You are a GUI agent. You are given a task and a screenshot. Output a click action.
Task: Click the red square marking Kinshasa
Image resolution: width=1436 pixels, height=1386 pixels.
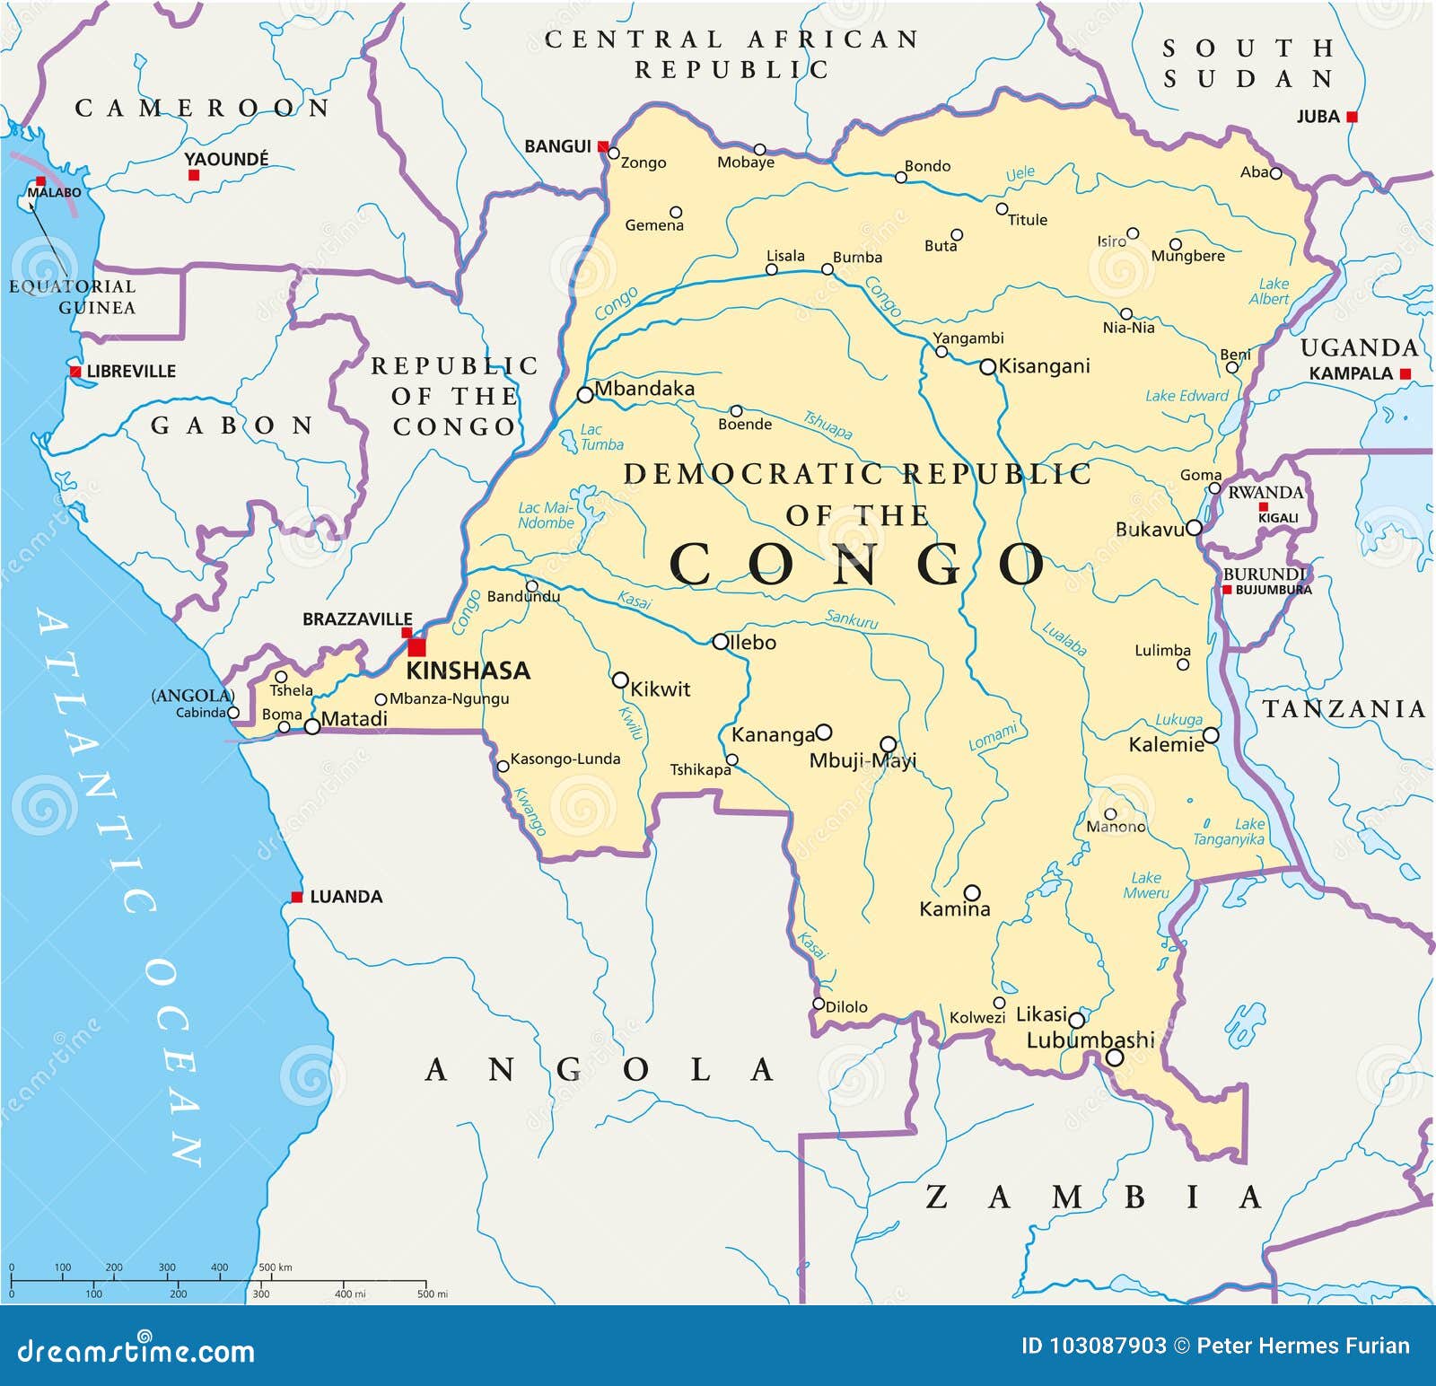pyautogui.click(x=417, y=647)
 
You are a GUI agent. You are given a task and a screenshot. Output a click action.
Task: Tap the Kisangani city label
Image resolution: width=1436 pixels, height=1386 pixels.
pyautogui.click(x=1044, y=366)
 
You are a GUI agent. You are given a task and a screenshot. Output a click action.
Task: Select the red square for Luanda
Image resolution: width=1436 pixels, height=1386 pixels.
pyautogui.click(x=297, y=897)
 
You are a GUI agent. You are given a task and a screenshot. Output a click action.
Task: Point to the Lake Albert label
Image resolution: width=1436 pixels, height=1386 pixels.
pyautogui.click(x=1271, y=292)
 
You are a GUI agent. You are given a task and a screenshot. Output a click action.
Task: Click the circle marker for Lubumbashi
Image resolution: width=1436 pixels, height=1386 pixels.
pyautogui.click(x=1115, y=1057)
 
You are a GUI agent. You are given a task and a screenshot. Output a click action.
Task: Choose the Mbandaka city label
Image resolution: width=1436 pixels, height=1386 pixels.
pyautogui.click(x=644, y=389)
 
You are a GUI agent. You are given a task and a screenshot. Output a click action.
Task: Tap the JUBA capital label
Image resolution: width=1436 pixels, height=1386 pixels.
pyautogui.click(x=1318, y=117)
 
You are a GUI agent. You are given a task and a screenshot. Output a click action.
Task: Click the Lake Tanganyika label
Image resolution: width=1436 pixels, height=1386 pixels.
pyautogui.click(x=1230, y=832)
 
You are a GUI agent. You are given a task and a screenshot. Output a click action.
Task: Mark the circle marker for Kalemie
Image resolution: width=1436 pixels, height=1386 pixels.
pyautogui.click(x=1211, y=735)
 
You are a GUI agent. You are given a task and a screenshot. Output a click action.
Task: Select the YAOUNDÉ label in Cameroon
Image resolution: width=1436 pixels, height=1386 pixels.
pyautogui.click(x=226, y=160)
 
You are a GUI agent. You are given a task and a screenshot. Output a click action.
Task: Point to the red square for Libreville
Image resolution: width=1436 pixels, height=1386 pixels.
pyautogui.click(x=76, y=371)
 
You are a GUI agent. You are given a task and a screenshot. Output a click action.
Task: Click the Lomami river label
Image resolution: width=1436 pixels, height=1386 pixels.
pyautogui.click(x=994, y=737)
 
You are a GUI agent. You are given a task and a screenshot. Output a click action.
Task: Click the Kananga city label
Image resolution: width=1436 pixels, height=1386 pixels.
pyautogui.click(x=773, y=735)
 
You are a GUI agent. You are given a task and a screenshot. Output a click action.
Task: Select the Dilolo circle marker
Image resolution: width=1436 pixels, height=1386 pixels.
pyautogui.click(x=819, y=1004)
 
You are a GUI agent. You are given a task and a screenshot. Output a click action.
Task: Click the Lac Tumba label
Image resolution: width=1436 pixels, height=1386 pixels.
pyautogui.click(x=600, y=437)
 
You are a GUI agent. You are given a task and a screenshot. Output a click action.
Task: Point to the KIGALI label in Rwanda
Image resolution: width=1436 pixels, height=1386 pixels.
pyautogui.click(x=1278, y=518)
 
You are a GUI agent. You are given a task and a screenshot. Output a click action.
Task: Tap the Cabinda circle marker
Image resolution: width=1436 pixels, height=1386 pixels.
pyautogui.click(x=233, y=713)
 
